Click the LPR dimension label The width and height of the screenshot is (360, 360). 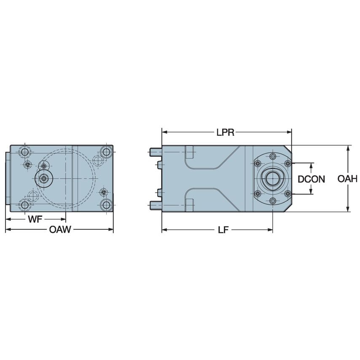[x=225, y=132]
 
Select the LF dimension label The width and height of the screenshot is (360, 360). [x=223, y=230]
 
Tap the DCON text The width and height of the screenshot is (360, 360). [x=311, y=179]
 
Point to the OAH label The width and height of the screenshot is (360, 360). [x=347, y=179]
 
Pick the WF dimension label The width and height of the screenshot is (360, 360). [x=35, y=220]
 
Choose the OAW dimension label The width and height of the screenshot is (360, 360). [x=59, y=230]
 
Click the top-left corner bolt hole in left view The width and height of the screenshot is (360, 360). [x=25, y=151]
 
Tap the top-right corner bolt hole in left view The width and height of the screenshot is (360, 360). [x=106, y=151]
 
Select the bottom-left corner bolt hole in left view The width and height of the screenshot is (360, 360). [x=25, y=205]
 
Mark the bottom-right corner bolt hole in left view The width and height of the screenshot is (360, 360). [x=106, y=205]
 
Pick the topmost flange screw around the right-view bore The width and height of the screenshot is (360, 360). [x=273, y=157]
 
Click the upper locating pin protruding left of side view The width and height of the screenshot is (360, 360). [x=155, y=151]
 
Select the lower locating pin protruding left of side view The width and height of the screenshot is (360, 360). [x=155, y=205]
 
